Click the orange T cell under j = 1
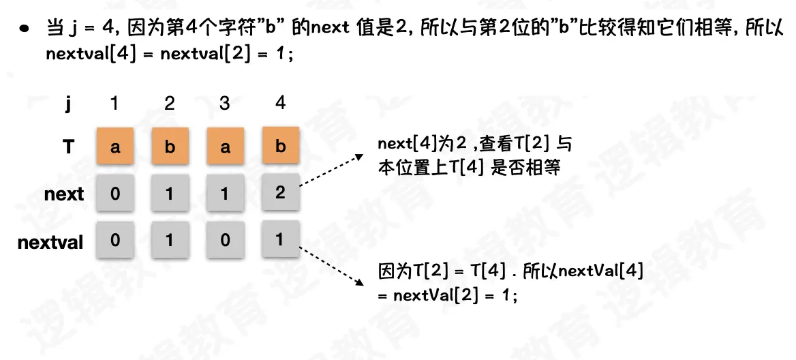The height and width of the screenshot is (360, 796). pyautogui.click(x=115, y=147)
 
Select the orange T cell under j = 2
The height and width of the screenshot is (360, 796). pyautogui.click(x=170, y=147)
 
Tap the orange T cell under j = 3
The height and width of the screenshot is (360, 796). pyautogui.click(x=225, y=147)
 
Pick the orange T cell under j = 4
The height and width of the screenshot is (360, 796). pyautogui.click(x=279, y=147)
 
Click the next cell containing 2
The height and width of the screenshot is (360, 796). pyautogui.click(x=279, y=193)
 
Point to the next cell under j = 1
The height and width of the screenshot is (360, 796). pyautogui.click(x=115, y=194)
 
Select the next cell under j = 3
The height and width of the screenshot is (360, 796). pyautogui.click(x=225, y=194)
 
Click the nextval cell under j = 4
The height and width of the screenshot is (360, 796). pyautogui.click(x=279, y=240)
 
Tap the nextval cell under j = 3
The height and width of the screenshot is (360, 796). pyautogui.click(x=225, y=241)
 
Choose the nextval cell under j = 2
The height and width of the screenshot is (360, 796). pyautogui.click(x=170, y=241)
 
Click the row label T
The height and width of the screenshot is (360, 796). pyautogui.click(x=68, y=147)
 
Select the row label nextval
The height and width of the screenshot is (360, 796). pyautogui.click(x=50, y=241)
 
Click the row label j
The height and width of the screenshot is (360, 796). pyautogui.click(x=68, y=104)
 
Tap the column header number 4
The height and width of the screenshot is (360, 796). pyautogui.click(x=279, y=103)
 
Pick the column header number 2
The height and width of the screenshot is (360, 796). pyautogui.click(x=170, y=103)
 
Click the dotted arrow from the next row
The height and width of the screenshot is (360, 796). pyautogui.click(x=331, y=170)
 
